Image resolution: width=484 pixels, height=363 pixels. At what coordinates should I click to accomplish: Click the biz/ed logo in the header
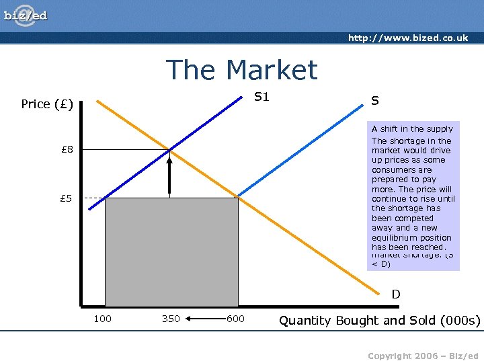26,15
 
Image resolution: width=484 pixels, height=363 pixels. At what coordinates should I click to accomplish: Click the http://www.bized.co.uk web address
408,38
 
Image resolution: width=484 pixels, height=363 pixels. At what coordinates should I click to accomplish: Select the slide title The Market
241,70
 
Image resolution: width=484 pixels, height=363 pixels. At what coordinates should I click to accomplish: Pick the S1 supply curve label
261,97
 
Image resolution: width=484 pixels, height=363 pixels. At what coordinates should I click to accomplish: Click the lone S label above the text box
375,101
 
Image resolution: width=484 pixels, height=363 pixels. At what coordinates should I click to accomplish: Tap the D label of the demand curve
396,294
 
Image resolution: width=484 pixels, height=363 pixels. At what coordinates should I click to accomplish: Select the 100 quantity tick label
102,319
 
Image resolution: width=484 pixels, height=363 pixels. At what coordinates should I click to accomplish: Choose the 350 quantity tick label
171,319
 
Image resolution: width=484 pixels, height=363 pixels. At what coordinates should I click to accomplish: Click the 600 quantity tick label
235,319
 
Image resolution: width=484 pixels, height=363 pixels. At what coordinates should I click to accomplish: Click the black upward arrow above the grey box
170,175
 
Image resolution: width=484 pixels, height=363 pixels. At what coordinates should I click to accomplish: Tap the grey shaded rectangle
171,252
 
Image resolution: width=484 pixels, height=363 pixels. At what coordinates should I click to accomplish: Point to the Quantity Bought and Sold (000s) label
380,321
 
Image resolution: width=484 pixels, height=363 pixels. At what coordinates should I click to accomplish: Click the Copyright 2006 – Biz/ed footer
423,355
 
